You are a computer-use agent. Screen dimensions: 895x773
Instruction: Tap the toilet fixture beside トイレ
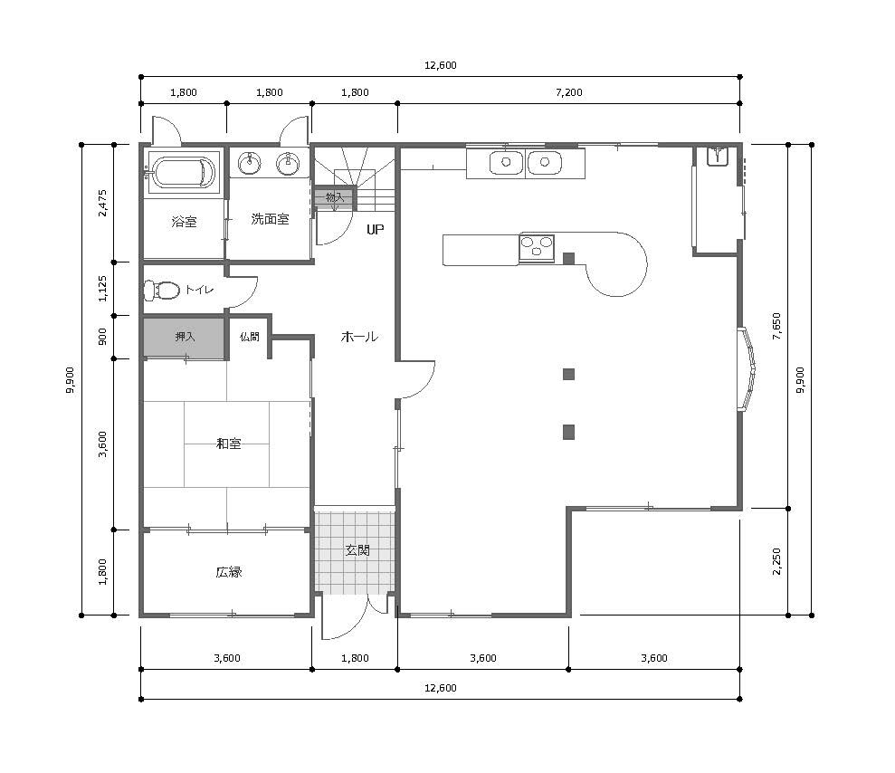[161, 290]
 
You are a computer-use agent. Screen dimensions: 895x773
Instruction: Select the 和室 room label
[228, 444]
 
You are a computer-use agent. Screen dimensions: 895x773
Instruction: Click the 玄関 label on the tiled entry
[357, 550]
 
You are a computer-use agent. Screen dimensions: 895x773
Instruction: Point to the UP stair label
[375, 230]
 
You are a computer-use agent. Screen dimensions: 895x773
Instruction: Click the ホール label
[359, 337]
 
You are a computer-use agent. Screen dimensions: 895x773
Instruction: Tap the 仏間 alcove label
[250, 337]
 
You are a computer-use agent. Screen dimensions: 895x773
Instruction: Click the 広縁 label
[228, 572]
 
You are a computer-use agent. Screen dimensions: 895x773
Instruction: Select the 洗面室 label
[270, 219]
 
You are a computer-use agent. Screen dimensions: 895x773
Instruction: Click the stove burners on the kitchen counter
[537, 248]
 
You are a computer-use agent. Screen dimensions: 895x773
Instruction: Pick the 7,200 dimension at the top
[569, 92]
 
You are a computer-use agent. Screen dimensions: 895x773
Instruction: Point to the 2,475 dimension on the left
[103, 204]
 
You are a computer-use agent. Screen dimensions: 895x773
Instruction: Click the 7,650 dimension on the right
[776, 326]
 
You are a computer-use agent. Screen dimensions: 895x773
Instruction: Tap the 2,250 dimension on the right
[776, 562]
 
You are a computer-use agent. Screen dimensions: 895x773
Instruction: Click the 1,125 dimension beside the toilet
[103, 289]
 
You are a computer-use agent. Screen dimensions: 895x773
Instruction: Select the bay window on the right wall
[747, 368]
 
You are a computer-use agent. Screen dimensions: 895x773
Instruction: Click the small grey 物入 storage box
[335, 198]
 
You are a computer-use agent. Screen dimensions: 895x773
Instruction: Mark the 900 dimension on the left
[103, 337]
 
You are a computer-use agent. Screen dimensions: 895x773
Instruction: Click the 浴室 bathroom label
[184, 222]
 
